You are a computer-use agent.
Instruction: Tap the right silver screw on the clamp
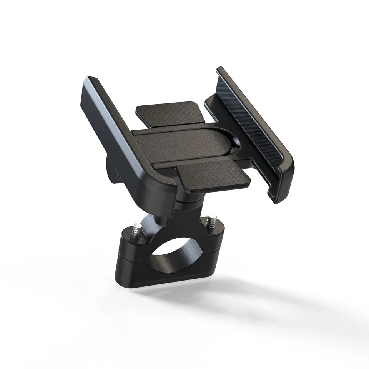(x=210, y=222)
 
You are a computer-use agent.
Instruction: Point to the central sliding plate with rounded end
(x=184, y=144)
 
